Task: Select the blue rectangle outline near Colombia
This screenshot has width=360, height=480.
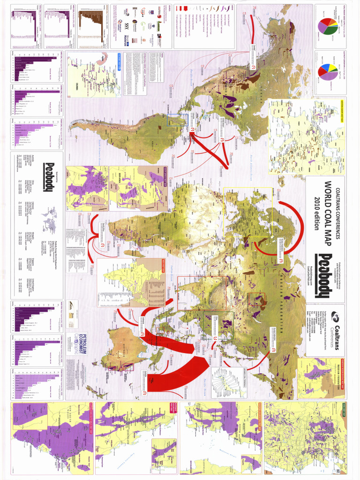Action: coord(177,120)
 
